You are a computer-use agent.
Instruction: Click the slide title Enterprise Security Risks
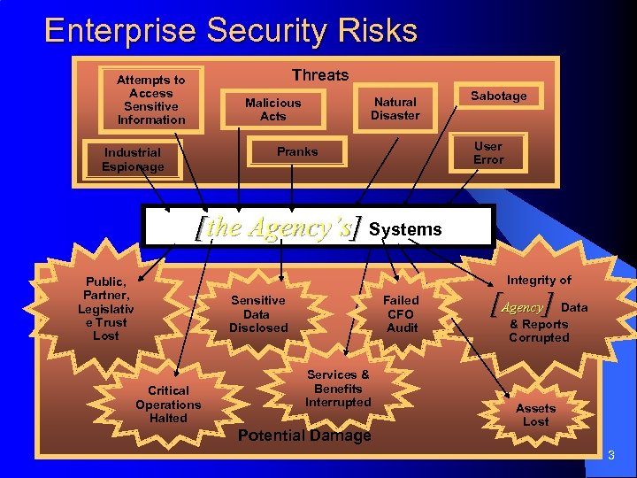click(x=230, y=31)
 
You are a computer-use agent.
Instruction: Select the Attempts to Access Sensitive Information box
click(x=151, y=100)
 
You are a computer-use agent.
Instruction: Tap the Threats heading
click(x=320, y=75)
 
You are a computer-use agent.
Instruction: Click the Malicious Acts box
click(x=272, y=110)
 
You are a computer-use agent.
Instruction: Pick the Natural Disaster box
click(x=395, y=109)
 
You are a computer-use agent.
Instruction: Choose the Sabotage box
click(x=498, y=96)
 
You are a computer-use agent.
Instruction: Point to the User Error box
click(x=487, y=153)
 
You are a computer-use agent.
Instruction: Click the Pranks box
click(x=297, y=151)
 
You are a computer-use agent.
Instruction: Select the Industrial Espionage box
click(x=133, y=159)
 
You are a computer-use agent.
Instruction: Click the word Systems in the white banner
click(x=405, y=229)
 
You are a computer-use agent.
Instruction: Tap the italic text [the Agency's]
click(x=279, y=228)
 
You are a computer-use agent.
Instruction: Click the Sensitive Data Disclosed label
click(x=258, y=314)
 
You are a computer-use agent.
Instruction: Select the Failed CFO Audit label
click(x=401, y=314)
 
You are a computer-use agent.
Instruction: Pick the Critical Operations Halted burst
click(x=168, y=404)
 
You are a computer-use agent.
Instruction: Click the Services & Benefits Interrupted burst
click(x=338, y=389)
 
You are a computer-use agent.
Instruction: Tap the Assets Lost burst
click(x=535, y=414)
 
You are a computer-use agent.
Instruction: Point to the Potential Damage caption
click(x=304, y=436)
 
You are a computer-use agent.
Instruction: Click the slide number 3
click(x=610, y=457)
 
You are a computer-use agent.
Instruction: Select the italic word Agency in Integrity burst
click(x=522, y=308)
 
